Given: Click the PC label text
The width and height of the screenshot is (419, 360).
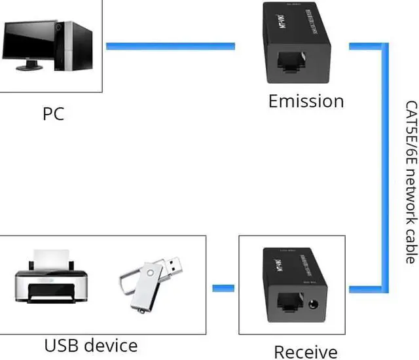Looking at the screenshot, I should click(x=53, y=113).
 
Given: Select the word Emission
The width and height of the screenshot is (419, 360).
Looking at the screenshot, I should click(x=306, y=101).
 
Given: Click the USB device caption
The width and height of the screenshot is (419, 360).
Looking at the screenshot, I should click(x=91, y=345).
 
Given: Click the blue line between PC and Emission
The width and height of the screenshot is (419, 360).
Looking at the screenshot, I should click(x=170, y=46).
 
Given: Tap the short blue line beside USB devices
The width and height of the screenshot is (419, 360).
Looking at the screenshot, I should click(x=223, y=288).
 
